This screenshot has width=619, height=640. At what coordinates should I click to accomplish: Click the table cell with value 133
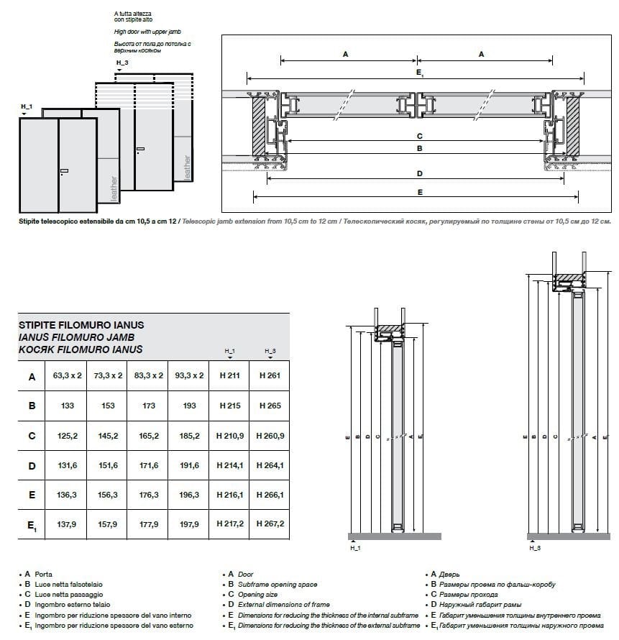[x=68, y=406]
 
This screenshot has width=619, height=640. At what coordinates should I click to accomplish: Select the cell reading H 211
[x=229, y=375]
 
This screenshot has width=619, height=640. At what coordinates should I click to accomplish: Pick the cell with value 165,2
[x=148, y=436]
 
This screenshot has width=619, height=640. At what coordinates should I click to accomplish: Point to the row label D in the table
[x=32, y=465]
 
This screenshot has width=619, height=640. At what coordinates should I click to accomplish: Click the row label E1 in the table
[x=32, y=525]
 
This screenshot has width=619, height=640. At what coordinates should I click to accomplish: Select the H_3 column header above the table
[x=270, y=351]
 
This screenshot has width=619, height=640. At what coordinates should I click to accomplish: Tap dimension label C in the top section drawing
[x=419, y=135]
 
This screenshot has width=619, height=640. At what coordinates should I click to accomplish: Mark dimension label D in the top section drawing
[x=419, y=173]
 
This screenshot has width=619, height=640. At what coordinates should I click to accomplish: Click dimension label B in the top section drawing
[x=419, y=148]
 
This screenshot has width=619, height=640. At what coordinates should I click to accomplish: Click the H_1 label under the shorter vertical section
[x=354, y=548]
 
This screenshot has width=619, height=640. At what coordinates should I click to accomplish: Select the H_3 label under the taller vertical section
[x=533, y=548]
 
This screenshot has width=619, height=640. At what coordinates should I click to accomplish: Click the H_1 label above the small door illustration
[x=26, y=106]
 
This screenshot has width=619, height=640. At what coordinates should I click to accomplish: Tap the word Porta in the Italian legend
[x=43, y=575]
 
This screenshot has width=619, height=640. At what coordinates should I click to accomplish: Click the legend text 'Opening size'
[x=257, y=595]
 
